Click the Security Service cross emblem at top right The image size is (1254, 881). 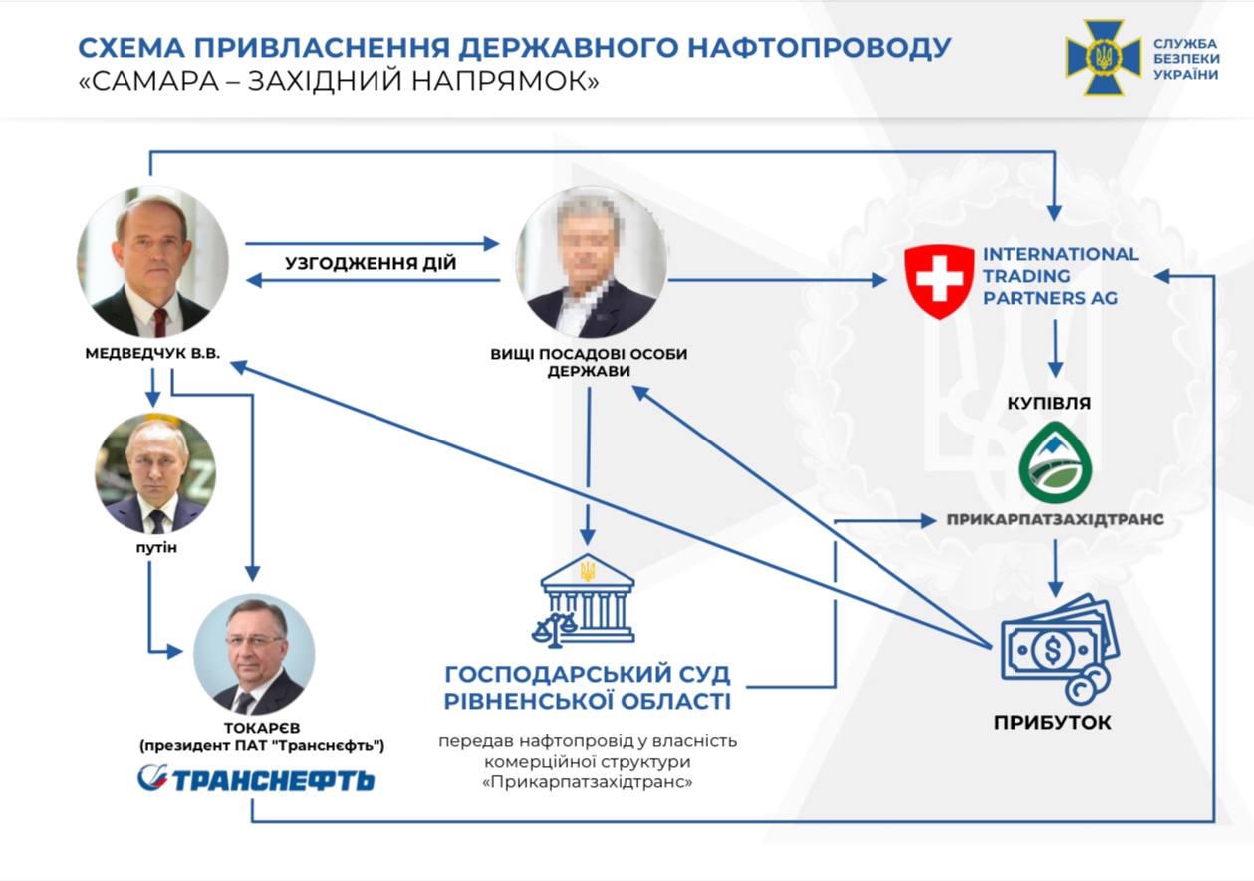tap(1103, 57)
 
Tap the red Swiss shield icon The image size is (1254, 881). tap(939, 282)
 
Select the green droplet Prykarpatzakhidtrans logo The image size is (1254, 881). tap(1055, 462)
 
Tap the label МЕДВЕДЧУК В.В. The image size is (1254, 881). tap(152, 354)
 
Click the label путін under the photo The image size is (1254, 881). tap(156, 548)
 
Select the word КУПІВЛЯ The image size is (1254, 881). tap(1049, 403)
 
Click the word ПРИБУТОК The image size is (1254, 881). tap(1053, 722)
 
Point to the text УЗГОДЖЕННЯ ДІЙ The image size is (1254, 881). tap(371, 263)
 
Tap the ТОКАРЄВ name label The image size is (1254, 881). tap(262, 728)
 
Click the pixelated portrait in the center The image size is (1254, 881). tap(592, 262)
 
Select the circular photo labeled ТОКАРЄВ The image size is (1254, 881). tap(254, 654)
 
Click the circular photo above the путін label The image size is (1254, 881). tap(155, 473)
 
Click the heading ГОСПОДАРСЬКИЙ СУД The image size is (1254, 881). tap(588, 674)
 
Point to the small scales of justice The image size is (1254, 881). tap(554, 630)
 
